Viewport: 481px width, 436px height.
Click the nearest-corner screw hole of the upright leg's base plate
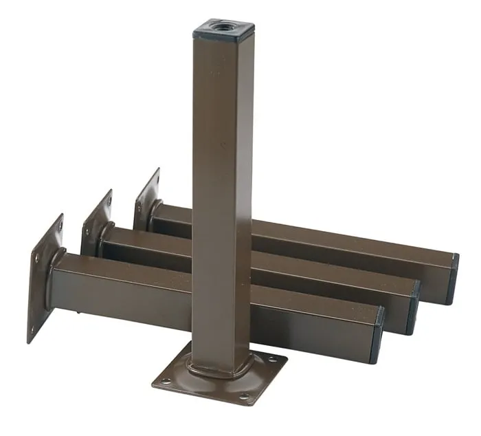pos(245,396)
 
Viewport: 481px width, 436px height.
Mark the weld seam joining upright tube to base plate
pos(214,372)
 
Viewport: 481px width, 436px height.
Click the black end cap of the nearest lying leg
pos(377,335)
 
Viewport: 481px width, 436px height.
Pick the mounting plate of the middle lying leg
pos(97,224)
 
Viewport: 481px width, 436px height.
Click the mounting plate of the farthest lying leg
pos(147,199)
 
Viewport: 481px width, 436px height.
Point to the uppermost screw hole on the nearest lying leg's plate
pos(57,226)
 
